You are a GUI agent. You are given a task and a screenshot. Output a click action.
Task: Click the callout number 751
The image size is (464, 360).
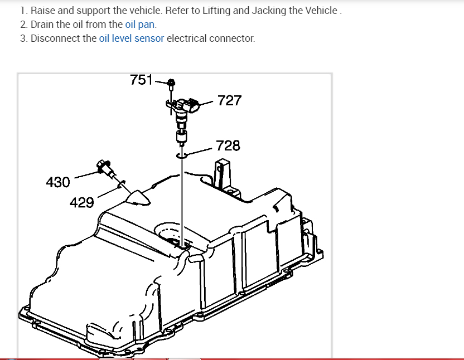pos(141,80)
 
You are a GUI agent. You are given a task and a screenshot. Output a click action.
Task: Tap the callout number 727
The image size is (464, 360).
pos(229,100)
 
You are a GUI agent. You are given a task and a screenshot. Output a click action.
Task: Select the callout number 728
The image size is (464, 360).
pos(228,145)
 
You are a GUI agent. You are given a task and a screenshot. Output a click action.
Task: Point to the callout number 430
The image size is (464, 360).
pos(58,182)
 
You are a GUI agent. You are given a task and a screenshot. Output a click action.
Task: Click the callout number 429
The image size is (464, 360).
pos(81,203)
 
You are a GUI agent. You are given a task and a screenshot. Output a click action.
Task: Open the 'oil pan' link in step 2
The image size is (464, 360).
pos(139,25)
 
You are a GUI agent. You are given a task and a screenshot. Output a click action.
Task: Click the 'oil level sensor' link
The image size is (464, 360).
pos(132,38)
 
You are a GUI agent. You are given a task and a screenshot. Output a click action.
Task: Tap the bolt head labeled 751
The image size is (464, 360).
pos(171,82)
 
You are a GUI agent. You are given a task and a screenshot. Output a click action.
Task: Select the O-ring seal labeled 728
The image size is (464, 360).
pos(181,155)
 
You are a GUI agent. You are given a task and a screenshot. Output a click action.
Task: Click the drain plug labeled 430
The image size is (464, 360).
pos(105,168)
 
